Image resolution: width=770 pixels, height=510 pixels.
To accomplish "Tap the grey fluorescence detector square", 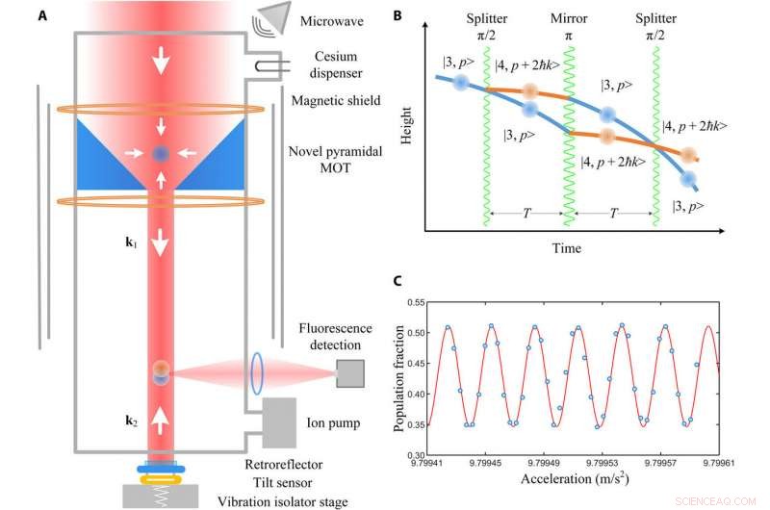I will (x=349, y=373).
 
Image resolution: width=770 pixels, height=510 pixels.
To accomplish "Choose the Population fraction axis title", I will (x=402, y=378).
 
